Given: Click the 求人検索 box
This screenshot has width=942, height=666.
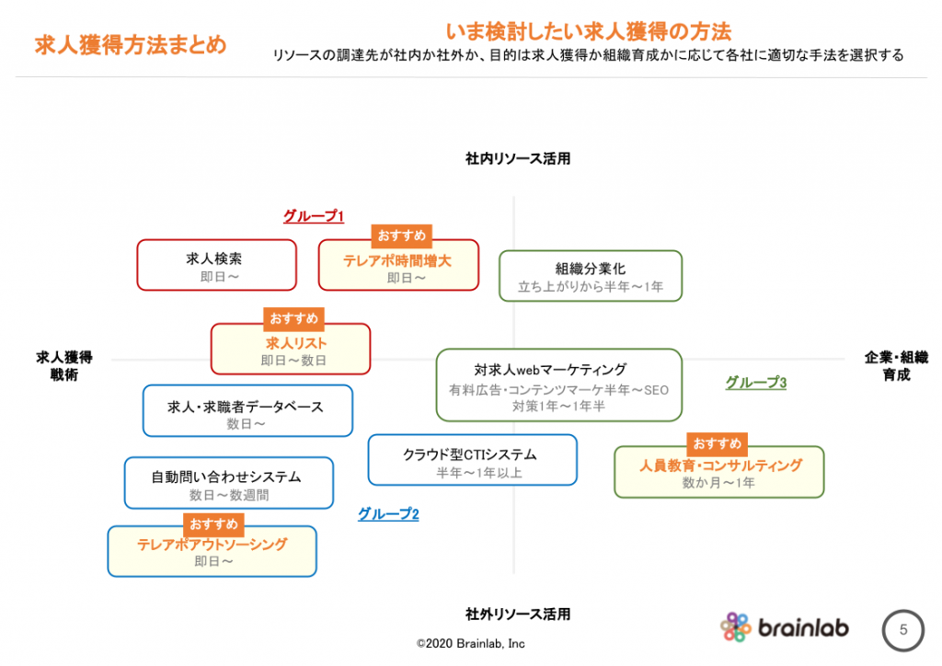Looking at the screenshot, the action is click(x=217, y=265).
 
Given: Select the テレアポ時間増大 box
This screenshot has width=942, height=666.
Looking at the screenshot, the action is click(x=398, y=265).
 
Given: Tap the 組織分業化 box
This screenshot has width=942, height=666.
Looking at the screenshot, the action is click(x=591, y=276).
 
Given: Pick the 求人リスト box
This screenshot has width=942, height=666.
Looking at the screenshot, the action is click(x=291, y=349).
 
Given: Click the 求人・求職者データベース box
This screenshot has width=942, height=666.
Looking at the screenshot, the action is click(x=247, y=411).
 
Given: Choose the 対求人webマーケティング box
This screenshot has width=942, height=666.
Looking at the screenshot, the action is click(x=559, y=385).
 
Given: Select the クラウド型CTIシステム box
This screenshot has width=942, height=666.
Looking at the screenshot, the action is click(x=473, y=460).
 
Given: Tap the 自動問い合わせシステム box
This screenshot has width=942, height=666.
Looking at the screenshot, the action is click(x=229, y=483).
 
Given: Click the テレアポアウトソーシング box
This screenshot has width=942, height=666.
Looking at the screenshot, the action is click(x=213, y=551).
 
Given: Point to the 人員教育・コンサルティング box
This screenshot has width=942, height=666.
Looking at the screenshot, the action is click(x=719, y=472).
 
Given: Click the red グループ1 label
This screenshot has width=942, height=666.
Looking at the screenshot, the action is click(x=314, y=216).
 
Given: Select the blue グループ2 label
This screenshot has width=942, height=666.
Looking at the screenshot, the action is click(x=388, y=514).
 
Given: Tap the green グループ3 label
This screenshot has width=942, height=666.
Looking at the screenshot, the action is click(x=756, y=383).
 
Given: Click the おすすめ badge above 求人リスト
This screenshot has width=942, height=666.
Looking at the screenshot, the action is click(x=293, y=318).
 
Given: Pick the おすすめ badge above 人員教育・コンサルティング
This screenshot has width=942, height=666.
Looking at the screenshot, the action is click(x=718, y=443).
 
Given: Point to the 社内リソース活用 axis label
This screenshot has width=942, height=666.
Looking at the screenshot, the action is click(x=518, y=158).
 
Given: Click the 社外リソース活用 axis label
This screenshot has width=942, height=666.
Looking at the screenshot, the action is click(x=518, y=614).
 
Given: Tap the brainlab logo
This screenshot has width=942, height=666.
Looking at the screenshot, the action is click(x=785, y=627).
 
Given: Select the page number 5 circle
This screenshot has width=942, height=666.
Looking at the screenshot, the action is click(x=903, y=630).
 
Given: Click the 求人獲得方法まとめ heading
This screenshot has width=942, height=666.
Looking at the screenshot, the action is click(x=131, y=45).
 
